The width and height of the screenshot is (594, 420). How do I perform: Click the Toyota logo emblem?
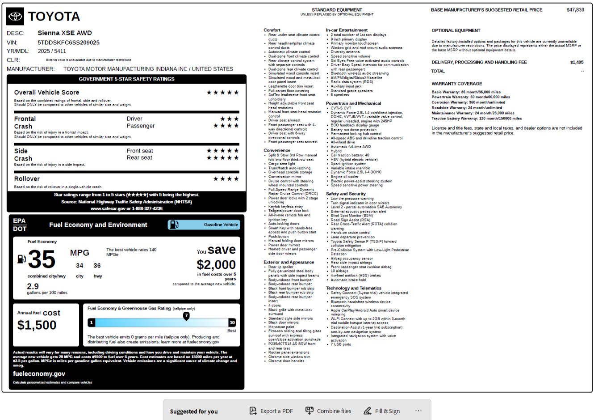(16, 17)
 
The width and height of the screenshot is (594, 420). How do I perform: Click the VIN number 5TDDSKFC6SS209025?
(68, 42)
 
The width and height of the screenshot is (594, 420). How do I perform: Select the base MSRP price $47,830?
(575, 10)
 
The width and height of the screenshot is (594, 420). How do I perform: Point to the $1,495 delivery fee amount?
(577, 62)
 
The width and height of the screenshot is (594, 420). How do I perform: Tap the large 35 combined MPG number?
(42, 259)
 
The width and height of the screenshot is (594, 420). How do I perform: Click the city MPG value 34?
(79, 266)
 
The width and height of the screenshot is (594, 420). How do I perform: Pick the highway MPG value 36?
(97, 266)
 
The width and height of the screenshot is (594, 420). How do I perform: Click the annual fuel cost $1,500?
(37, 325)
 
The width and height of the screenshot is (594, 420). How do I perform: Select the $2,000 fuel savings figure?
(216, 265)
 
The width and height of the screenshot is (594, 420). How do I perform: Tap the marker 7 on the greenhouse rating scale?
(186, 315)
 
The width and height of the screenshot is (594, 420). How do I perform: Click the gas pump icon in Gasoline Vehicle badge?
(175, 225)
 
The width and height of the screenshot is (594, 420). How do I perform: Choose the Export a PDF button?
(271, 411)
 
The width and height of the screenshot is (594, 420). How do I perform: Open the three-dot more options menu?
(418, 411)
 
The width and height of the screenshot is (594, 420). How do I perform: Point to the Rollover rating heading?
(27, 179)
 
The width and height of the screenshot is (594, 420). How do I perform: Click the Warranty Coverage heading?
(456, 84)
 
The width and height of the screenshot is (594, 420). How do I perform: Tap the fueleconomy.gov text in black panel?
(39, 373)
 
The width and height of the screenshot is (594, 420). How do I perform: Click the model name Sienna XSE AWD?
(65, 33)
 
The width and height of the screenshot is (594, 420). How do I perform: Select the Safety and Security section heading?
(346, 194)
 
